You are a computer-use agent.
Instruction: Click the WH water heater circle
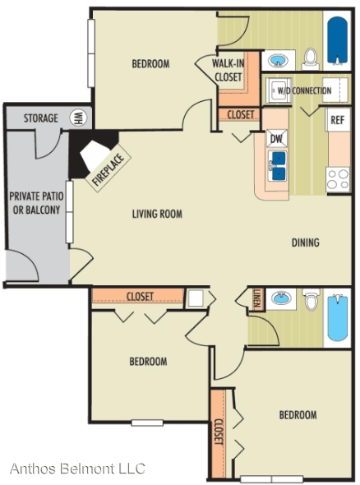[78, 118]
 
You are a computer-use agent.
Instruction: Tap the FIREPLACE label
[108, 169]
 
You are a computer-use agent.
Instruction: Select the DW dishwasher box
[277, 138]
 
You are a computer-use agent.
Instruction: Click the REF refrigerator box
[338, 120]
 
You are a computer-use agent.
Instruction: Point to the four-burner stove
[339, 179]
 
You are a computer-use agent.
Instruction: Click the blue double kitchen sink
[279, 166]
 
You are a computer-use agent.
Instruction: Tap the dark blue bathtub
[338, 40]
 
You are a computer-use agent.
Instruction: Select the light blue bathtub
[338, 318]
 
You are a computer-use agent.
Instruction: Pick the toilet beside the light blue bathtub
[310, 298]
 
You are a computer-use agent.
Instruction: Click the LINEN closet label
[256, 298]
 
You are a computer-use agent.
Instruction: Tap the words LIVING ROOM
[157, 214]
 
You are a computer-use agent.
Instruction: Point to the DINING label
[305, 242]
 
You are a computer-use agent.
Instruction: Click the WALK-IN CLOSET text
[228, 71]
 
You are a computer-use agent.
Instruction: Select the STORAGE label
[41, 118]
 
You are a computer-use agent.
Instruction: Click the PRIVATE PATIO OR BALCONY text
[36, 203]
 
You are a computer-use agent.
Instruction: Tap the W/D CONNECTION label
[304, 90]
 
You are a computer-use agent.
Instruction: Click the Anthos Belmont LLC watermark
[77, 469]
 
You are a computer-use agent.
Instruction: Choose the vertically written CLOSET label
[219, 432]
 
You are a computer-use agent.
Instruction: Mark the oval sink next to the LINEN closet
[281, 298]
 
